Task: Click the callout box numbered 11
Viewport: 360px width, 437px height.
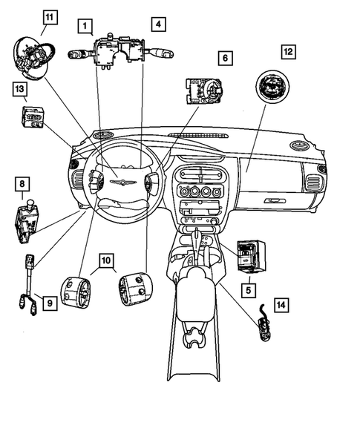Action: [x=48, y=16]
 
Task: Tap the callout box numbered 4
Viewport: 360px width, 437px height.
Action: [x=158, y=24]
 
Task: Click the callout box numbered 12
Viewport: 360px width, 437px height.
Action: [x=287, y=51]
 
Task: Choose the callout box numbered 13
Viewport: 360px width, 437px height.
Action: [x=19, y=90]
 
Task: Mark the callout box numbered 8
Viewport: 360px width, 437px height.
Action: [x=23, y=183]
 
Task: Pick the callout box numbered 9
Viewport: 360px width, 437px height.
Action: [x=48, y=303]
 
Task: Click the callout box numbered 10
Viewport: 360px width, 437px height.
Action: [x=106, y=260]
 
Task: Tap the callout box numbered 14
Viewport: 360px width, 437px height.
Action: [x=281, y=304]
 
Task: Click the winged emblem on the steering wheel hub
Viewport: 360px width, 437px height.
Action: [x=118, y=180]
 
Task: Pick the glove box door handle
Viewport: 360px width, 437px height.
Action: [x=274, y=200]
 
